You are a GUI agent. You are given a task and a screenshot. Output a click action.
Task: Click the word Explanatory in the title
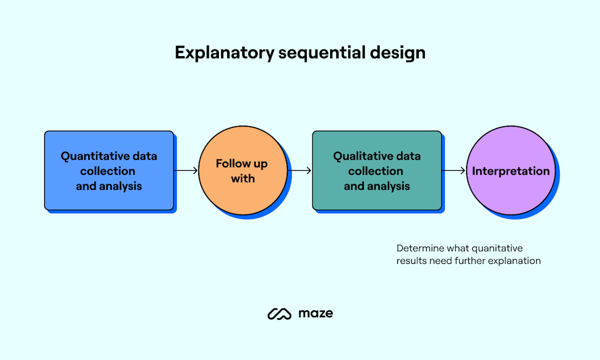click(x=224, y=53)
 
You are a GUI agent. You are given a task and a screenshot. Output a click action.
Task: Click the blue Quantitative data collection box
click(x=109, y=171)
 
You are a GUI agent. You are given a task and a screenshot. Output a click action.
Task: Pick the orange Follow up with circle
click(x=243, y=171)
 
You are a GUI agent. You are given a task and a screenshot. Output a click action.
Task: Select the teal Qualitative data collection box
click(x=377, y=171)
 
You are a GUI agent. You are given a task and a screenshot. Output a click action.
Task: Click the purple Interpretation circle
click(x=511, y=171)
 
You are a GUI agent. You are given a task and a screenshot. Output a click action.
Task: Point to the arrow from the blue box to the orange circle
click(x=187, y=171)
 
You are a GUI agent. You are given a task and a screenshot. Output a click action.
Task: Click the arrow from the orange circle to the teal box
click(x=301, y=171)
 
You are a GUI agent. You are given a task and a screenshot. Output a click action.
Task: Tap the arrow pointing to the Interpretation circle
click(x=454, y=171)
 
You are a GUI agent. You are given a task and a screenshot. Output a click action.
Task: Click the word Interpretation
click(x=511, y=171)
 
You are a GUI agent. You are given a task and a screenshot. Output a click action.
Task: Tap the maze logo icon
click(x=279, y=314)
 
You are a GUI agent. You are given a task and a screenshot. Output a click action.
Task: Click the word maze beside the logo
click(x=316, y=313)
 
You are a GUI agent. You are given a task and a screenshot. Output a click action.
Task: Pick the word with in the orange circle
click(x=243, y=178)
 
